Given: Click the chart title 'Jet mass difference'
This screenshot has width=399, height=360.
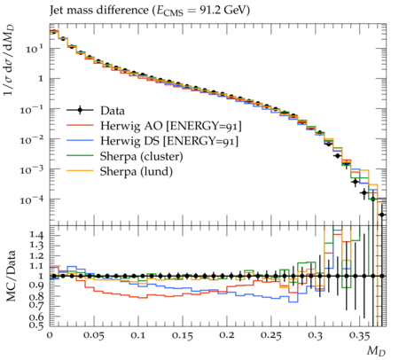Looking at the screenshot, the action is point(98,11).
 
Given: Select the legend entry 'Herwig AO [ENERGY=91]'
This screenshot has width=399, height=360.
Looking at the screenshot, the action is point(171,126).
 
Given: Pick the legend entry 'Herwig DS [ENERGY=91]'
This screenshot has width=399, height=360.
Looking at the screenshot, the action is point(169,141).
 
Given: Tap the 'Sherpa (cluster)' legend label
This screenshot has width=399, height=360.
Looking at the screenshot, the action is point(141,156).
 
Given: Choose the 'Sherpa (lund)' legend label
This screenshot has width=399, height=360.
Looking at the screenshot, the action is point(136,171).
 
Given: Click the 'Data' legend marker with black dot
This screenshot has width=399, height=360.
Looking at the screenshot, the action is point(80,111).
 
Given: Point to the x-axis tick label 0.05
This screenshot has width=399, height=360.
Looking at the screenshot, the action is point(94,336).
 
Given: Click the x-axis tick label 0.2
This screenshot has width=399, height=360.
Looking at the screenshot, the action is point(226,336).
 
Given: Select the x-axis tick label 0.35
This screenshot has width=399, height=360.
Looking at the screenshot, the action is point(359,336).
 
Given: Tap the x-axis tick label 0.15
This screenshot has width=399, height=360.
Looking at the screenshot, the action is point(183,336).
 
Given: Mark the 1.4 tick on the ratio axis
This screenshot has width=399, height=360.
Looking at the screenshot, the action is point(36,235).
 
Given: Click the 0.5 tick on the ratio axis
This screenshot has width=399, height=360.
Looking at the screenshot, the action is point(36,325).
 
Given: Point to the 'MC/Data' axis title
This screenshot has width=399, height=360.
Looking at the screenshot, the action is point(11,276).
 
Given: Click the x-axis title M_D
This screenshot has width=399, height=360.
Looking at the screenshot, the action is point(377,351).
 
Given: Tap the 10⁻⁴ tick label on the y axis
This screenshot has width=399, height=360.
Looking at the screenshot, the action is point(33,200).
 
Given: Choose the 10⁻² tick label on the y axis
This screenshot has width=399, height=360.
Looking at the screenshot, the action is point(33,139).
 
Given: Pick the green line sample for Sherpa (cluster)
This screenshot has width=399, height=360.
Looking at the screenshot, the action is point(80,156).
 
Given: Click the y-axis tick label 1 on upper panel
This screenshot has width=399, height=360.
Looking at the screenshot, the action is point(41,79).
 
